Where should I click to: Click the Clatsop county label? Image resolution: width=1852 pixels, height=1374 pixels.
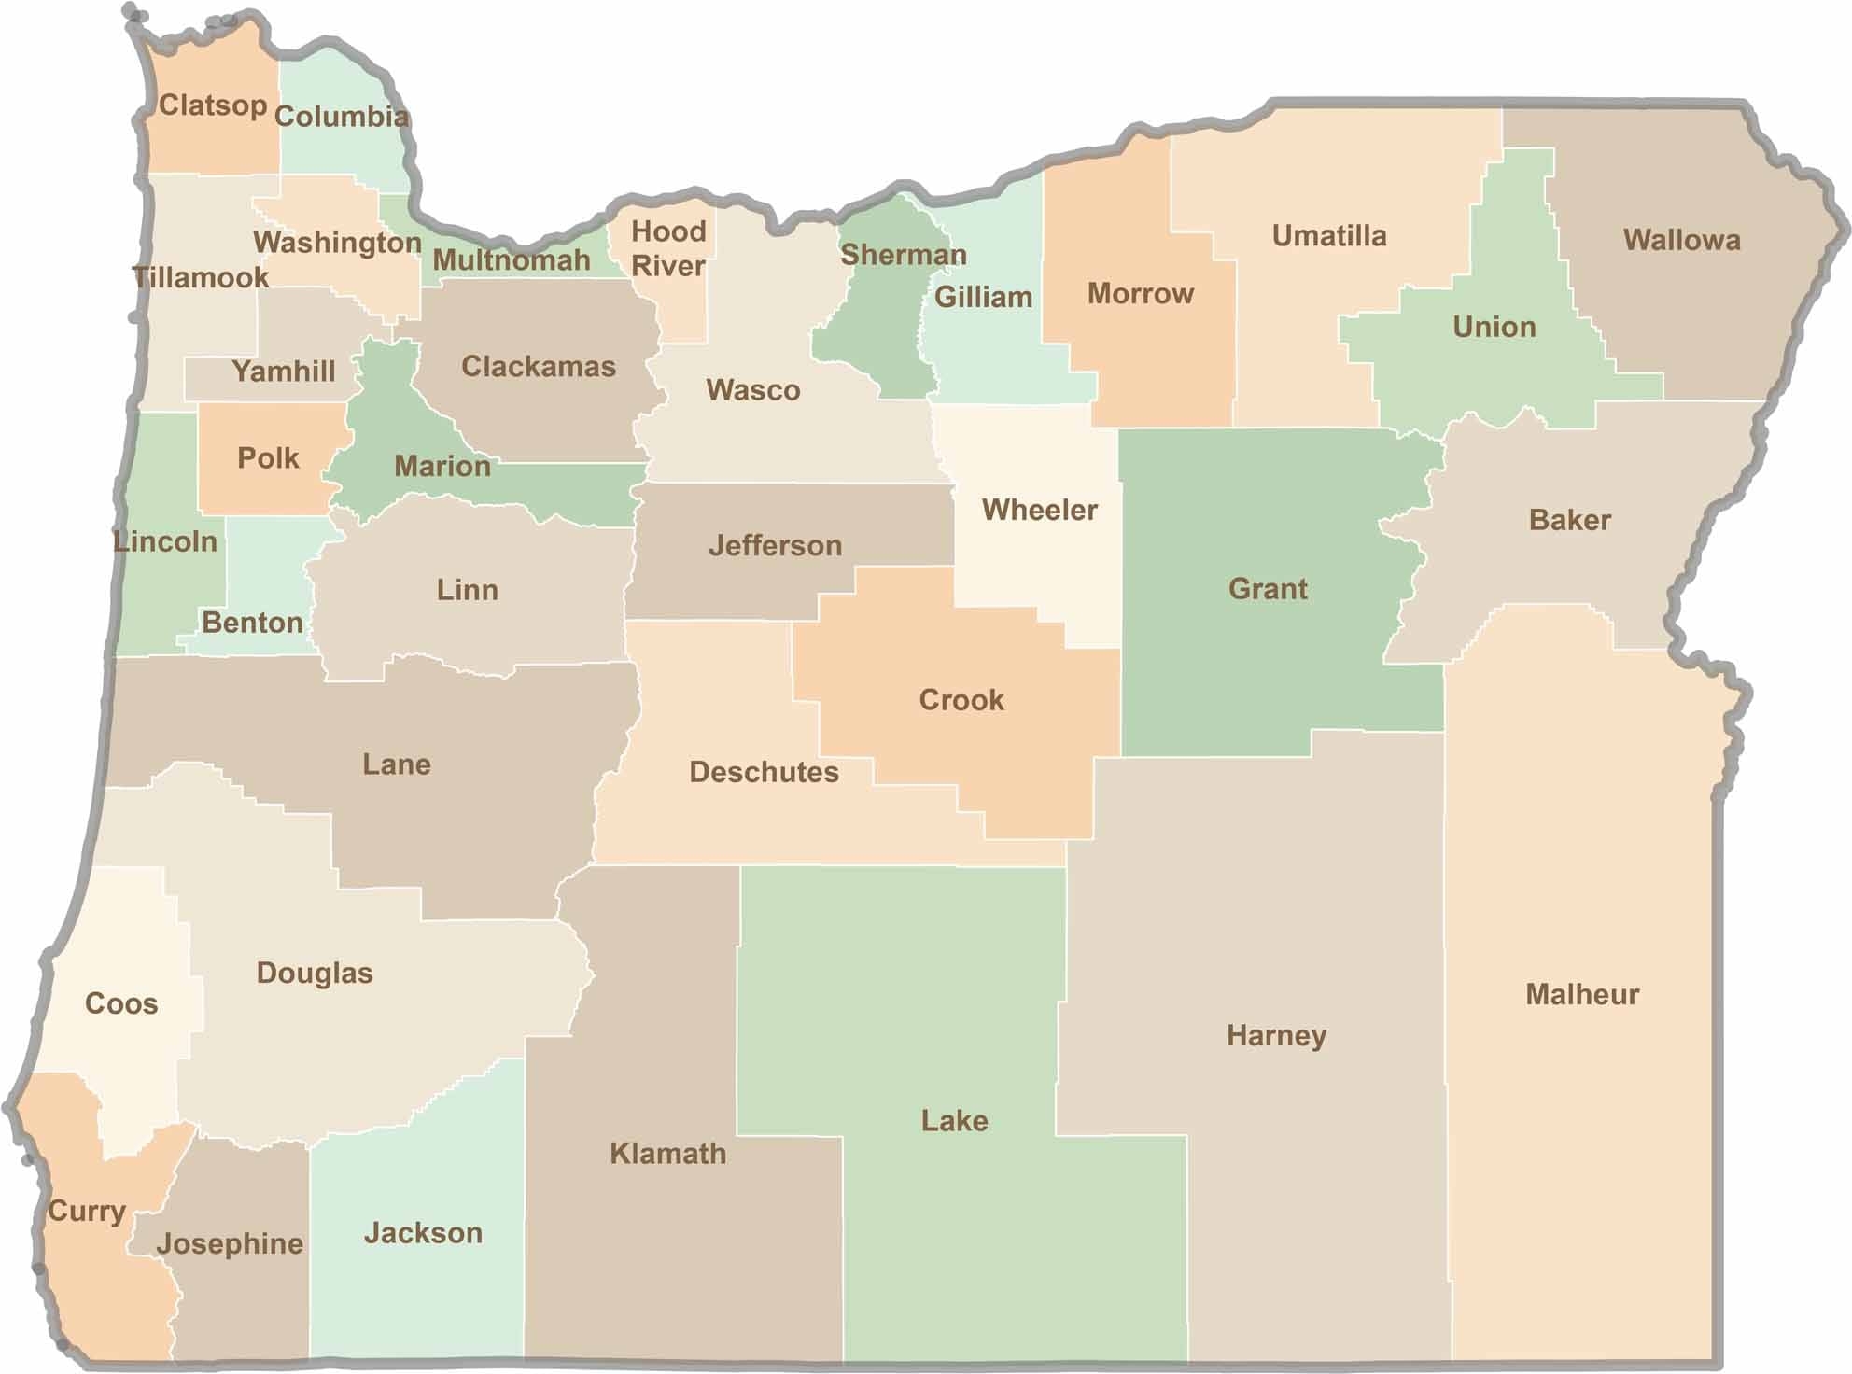[x=213, y=105]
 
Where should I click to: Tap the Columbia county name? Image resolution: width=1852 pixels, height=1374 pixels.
[x=342, y=117]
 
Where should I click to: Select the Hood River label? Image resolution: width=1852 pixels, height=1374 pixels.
[x=668, y=248]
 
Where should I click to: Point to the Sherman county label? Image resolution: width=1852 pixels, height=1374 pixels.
[x=903, y=255]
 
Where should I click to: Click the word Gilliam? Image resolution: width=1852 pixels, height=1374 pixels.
[x=983, y=297]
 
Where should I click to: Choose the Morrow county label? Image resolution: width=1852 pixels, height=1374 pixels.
[x=1140, y=294]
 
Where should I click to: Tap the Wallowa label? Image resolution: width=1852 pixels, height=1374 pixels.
[x=1681, y=240]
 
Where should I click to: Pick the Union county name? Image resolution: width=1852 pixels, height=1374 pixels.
[x=1494, y=327]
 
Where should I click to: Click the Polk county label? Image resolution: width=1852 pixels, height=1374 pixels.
[x=268, y=458]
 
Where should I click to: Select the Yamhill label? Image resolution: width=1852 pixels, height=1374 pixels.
[x=284, y=372]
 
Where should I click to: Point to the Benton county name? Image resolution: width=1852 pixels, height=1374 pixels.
[x=252, y=623]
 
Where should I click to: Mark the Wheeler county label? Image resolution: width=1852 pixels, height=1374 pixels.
[x=1039, y=510]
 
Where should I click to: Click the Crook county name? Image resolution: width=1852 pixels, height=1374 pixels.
[x=961, y=700]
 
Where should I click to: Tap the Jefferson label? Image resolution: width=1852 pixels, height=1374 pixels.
[x=775, y=545]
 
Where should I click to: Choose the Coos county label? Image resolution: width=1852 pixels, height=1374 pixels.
[x=121, y=1003]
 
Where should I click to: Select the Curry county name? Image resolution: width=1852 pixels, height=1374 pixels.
[x=86, y=1211]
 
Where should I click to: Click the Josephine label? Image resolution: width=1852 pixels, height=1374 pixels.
[x=230, y=1243]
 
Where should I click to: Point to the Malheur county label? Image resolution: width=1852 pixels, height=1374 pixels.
[x=1581, y=994]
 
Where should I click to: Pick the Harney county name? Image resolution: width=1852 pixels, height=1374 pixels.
[x=1276, y=1035]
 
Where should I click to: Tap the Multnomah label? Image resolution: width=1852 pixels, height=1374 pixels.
[x=512, y=260]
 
